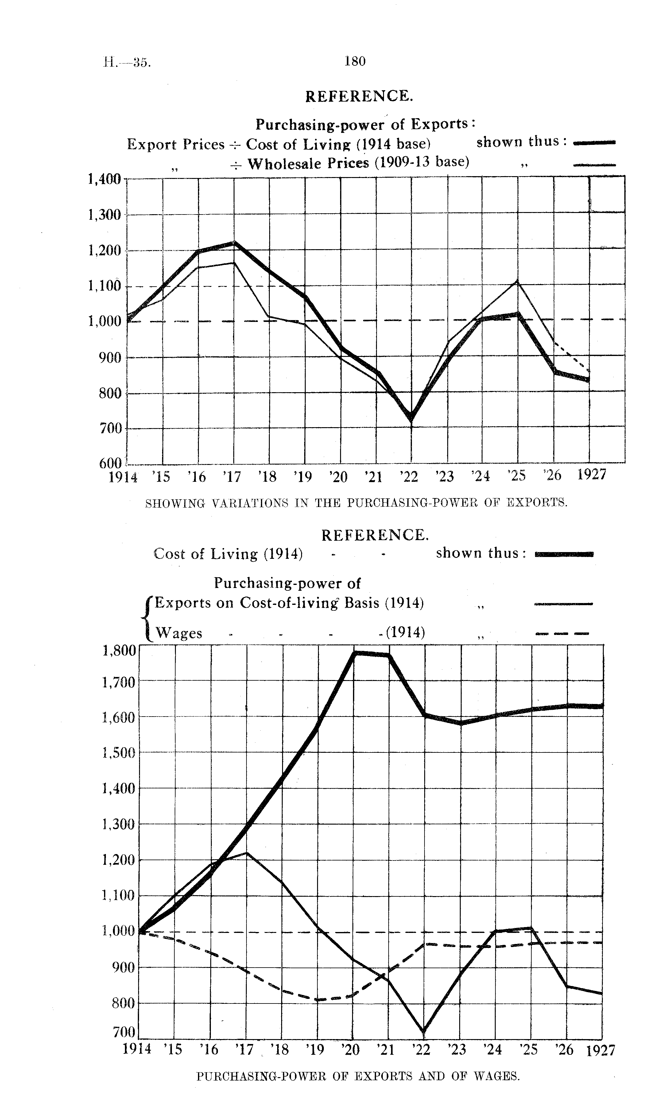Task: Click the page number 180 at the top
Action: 355,61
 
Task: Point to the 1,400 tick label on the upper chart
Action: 105,179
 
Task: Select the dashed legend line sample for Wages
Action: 562,633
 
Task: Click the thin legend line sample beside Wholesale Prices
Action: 594,165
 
